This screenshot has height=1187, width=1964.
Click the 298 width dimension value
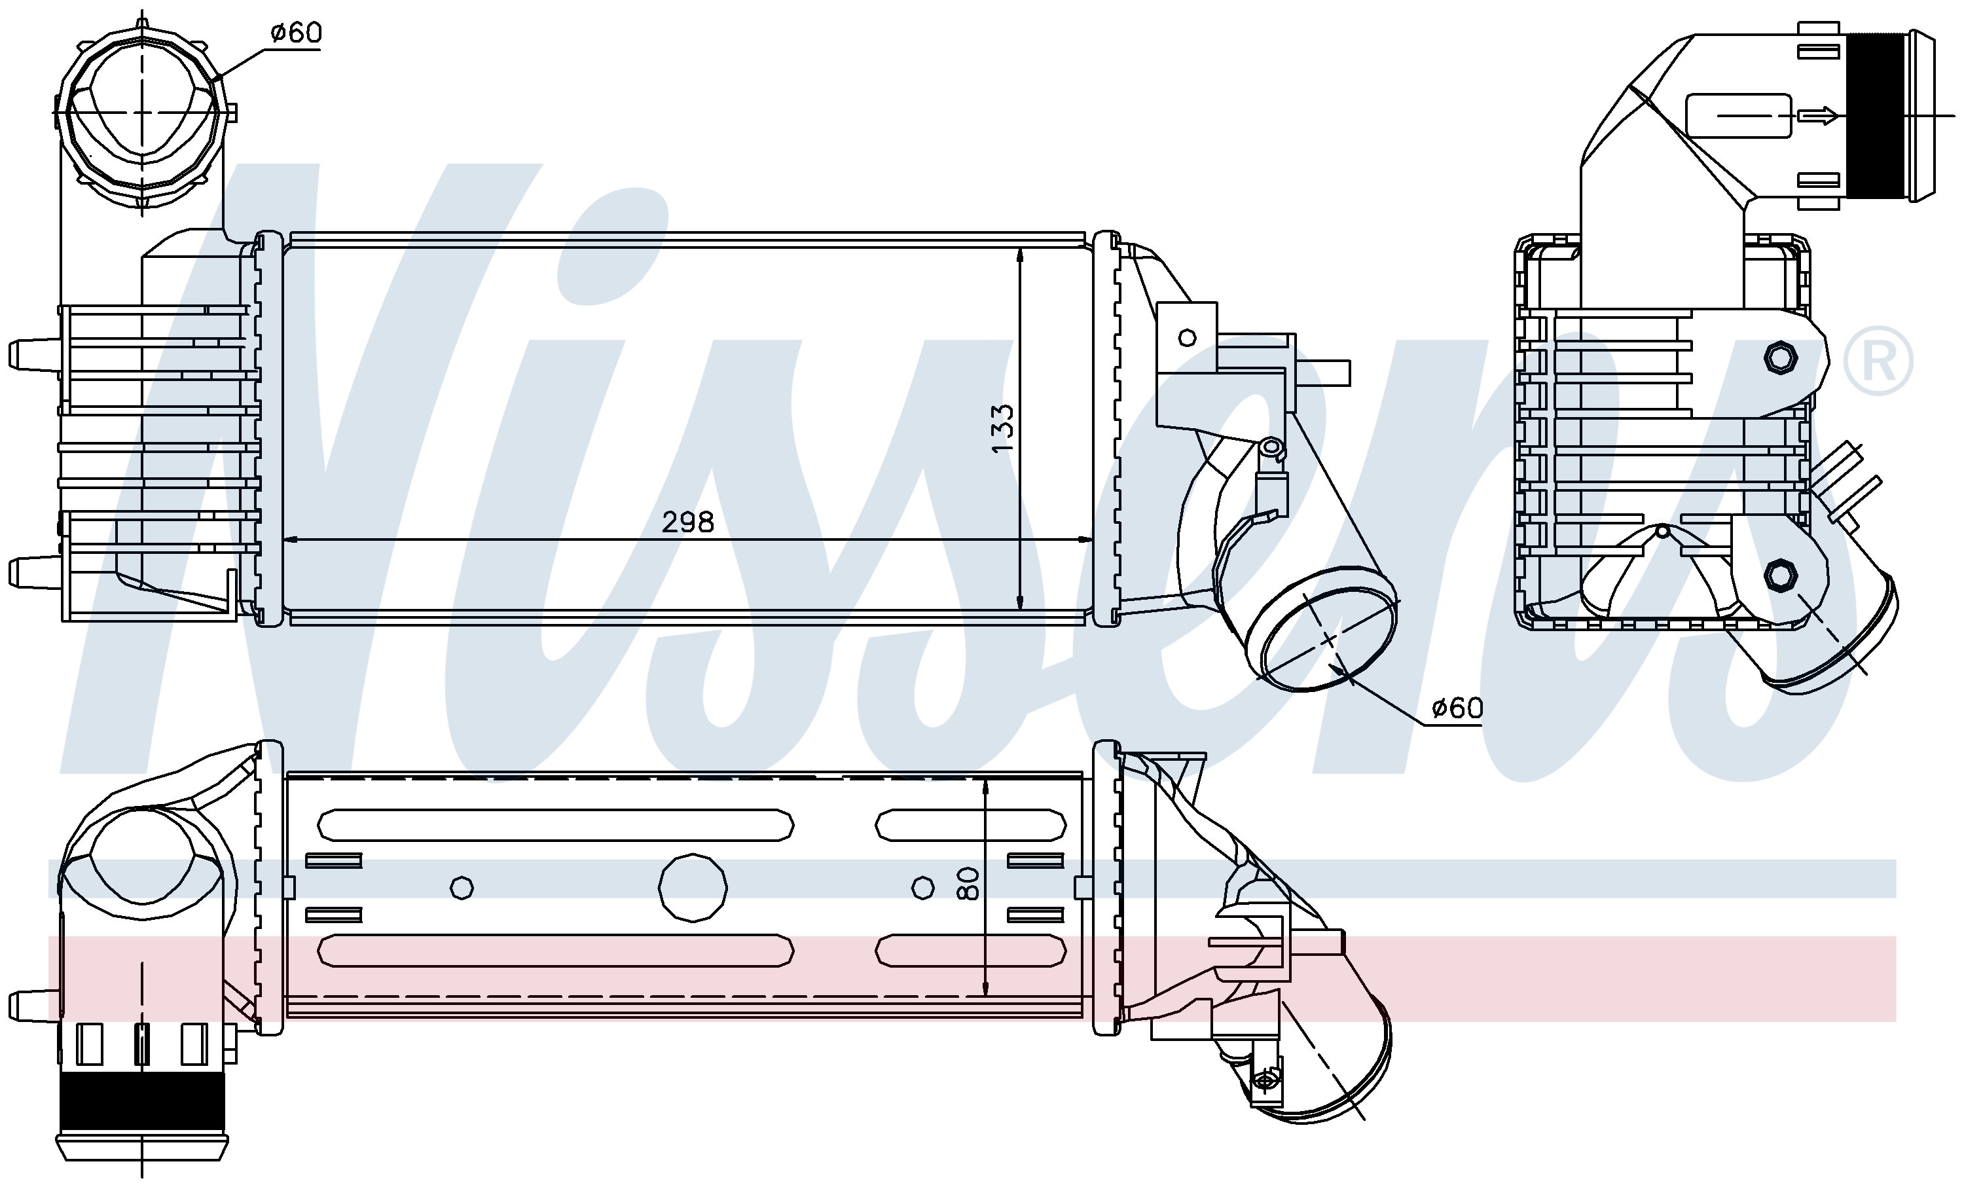[688, 522]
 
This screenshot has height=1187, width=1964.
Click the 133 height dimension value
[1003, 429]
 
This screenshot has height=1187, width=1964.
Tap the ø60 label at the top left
[296, 33]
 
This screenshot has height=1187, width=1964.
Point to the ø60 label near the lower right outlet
[1457, 707]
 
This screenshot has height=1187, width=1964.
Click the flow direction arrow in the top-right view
[1818, 117]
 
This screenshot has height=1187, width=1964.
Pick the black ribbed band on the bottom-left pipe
[142, 1100]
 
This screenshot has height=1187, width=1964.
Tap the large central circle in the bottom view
[693, 887]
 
